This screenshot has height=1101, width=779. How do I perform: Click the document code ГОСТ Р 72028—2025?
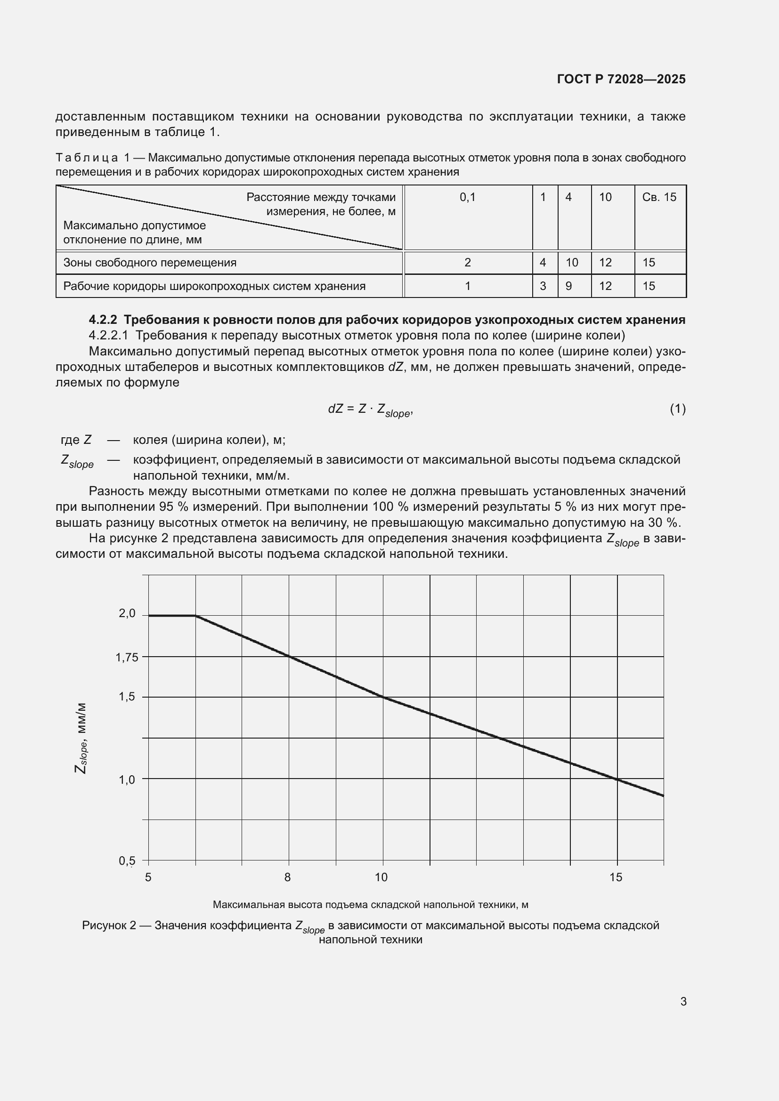621,79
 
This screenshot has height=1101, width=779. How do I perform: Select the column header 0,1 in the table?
467,197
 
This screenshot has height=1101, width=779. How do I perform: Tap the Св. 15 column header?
659,197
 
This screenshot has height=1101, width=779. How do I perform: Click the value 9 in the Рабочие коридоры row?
568,286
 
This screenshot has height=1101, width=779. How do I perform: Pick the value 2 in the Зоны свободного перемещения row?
467,263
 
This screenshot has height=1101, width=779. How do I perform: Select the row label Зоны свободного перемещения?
150,263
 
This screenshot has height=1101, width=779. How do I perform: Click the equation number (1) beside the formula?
677,409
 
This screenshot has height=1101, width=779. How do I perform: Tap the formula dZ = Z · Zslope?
370,410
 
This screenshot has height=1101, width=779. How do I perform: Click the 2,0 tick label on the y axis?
127,613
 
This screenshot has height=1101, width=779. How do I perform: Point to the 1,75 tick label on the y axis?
127,658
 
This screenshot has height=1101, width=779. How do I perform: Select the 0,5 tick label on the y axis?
127,861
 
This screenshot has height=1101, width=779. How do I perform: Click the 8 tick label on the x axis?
287,877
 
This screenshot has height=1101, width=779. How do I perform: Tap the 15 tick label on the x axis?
616,877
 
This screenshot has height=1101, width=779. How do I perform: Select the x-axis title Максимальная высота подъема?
370,905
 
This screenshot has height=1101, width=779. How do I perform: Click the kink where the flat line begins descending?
196,616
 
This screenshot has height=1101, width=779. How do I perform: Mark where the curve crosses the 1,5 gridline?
383,697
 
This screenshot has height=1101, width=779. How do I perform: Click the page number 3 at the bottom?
683,1002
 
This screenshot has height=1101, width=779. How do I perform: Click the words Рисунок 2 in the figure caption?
109,925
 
